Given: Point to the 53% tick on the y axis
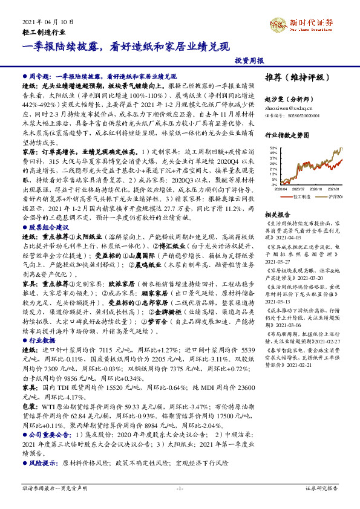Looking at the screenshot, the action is pyautogui.click(x=273, y=148).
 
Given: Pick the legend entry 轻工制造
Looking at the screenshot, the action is pyautogui.click(x=301, y=196).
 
